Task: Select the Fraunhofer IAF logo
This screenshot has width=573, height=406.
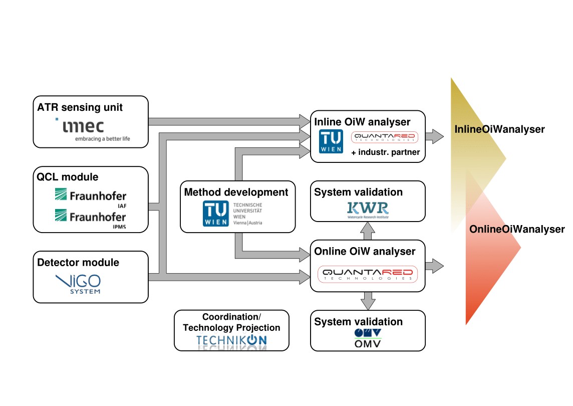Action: click(x=90, y=196)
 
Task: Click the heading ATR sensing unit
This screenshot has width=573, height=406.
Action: click(x=80, y=107)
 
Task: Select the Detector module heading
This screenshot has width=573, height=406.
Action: click(x=78, y=262)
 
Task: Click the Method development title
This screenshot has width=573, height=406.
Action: click(x=236, y=192)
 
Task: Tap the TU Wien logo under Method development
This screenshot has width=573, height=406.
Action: click(x=232, y=214)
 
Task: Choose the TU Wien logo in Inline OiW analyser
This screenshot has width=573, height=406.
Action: click(x=332, y=141)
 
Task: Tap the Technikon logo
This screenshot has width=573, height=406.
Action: click(x=231, y=341)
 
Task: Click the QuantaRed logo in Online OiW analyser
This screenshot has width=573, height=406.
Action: click(x=368, y=274)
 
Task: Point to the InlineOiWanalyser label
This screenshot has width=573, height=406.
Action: click(x=499, y=130)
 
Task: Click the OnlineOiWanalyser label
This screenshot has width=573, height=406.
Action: click(x=517, y=230)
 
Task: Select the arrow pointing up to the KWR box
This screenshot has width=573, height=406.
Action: click(x=368, y=231)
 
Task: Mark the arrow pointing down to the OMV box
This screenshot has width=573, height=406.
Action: click(x=368, y=301)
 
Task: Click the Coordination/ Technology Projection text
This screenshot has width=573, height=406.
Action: click(x=231, y=322)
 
